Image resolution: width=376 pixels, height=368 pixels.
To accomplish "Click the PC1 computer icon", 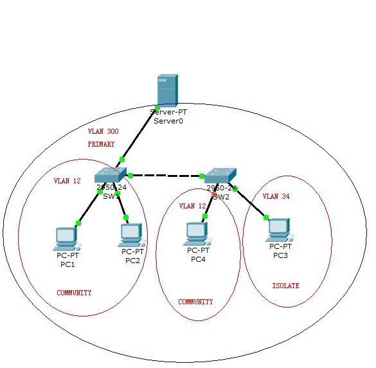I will pyautogui.click(x=66, y=238).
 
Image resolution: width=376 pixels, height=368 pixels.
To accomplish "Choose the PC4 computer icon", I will pyautogui.click(x=197, y=233).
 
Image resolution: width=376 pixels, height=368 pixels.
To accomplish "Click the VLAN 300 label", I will pyautogui.click(x=103, y=131).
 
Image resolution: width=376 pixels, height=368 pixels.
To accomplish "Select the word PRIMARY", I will pyautogui.click(x=102, y=145).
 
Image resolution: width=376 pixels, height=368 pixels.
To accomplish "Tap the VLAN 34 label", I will pyautogui.click(x=276, y=196).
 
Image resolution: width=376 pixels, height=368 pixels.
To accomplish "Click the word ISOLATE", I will pyautogui.click(x=285, y=286).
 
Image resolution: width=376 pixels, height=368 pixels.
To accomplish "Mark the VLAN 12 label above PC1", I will pyautogui.click(x=67, y=181).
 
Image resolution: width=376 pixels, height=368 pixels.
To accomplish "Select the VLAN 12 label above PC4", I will pyautogui.click(x=193, y=207).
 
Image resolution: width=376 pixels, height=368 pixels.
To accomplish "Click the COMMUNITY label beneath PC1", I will pyautogui.click(x=74, y=293).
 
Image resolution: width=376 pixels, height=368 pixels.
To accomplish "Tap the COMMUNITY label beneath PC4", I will pyautogui.click(x=195, y=302).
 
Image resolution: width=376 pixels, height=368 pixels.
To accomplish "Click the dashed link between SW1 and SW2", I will pyautogui.click(x=166, y=175).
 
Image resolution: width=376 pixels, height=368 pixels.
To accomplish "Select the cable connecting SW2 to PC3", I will pyautogui.click(x=251, y=203).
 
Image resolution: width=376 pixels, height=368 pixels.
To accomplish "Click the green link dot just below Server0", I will pyautogui.click(x=157, y=107).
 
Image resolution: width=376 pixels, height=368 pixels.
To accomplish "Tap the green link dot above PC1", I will pyautogui.click(x=78, y=223).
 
